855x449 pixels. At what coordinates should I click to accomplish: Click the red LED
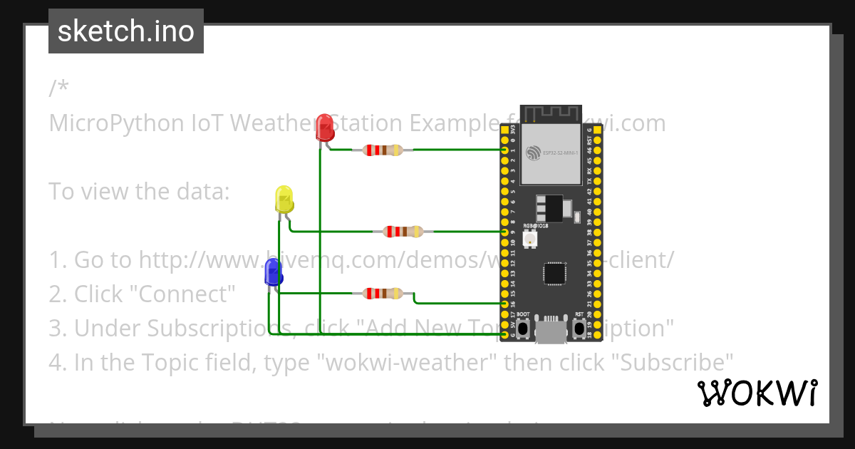tap(325, 128)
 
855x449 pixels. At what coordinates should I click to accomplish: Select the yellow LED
tap(284, 200)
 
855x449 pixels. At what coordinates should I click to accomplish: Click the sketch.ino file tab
tap(126, 31)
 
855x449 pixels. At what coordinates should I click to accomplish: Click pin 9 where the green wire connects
tap(504, 232)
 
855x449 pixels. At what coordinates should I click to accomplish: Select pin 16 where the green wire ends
tap(504, 304)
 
